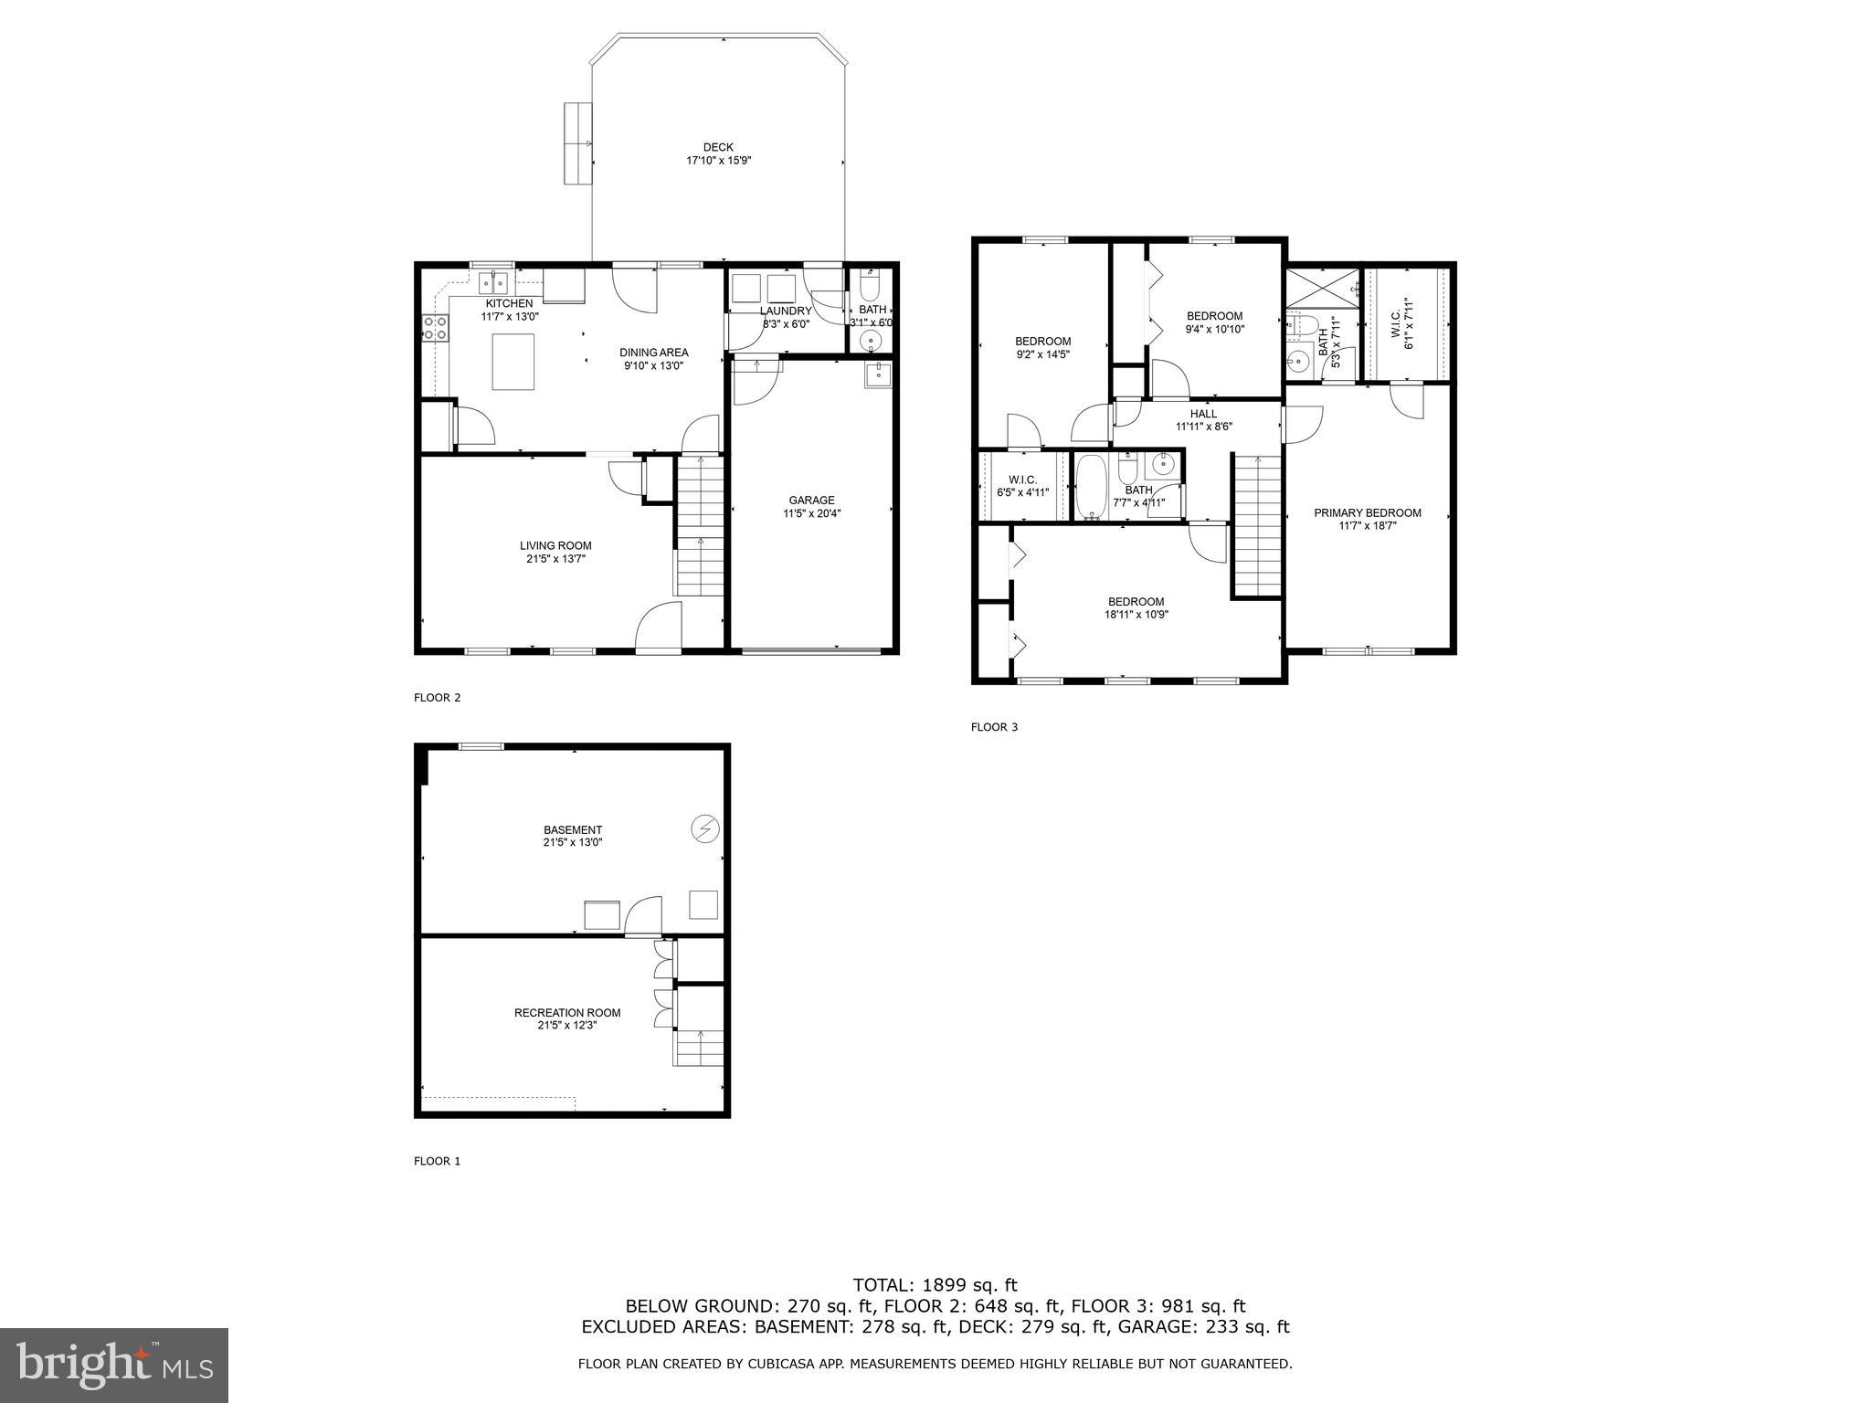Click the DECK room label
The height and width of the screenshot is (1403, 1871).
point(718,147)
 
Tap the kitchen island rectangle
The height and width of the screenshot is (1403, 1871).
point(513,362)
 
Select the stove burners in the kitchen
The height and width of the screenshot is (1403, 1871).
point(435,328)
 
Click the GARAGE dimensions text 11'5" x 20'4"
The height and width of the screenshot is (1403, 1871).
point(811,513)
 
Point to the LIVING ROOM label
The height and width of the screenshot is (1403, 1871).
point(555,545)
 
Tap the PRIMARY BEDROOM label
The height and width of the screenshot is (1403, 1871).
point(1367,512)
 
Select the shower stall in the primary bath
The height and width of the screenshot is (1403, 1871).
point(1322,287)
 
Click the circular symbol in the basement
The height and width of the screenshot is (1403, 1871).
point(705,828)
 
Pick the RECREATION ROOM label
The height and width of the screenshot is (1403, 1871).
point(566,1012)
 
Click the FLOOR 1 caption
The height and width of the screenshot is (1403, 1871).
point(437,1161)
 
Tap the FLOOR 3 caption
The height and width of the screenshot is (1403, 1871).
point(993,727)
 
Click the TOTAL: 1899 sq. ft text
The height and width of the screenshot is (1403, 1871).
point(935,1286)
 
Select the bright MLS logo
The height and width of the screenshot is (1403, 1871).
point(114,1365)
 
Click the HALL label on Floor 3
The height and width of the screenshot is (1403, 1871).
point(1203,414)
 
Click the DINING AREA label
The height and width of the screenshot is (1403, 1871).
point(653,353)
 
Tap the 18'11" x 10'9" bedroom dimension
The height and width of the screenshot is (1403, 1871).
point(1136,615)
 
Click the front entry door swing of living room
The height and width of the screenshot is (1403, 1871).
point(658,628)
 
